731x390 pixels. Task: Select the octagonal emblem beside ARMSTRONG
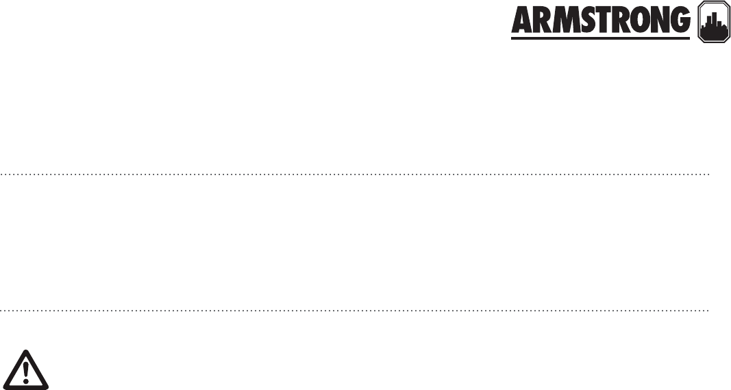click(709, 24)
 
